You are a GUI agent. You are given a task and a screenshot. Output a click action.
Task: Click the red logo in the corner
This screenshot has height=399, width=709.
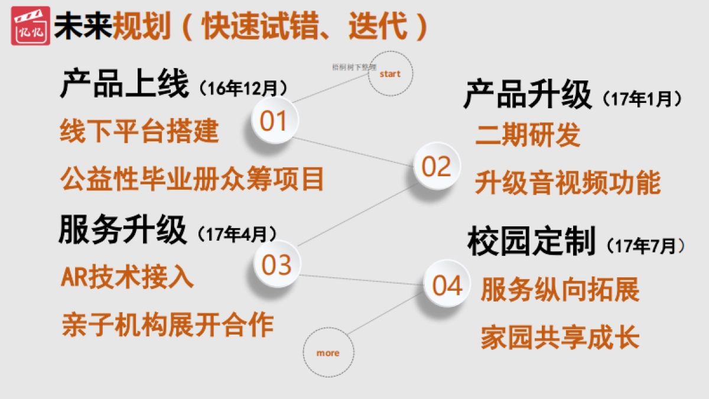30,26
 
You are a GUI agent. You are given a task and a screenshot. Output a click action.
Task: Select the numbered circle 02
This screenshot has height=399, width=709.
437,167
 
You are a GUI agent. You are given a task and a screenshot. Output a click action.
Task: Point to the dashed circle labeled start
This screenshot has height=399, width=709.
390,74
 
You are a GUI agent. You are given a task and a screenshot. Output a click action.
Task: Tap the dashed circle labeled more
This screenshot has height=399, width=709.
328,353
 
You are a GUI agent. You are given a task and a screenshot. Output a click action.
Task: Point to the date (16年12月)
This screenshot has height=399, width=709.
243,89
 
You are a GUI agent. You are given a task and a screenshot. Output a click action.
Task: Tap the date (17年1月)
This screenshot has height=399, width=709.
642,99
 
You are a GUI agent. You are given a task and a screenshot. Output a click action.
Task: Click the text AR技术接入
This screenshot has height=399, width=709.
127,277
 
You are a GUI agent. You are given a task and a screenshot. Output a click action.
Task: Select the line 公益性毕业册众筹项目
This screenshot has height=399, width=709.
192,179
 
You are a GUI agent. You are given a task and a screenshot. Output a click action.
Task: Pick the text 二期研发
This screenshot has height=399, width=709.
528,135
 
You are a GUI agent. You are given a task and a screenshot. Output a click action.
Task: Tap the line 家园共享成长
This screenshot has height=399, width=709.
560,338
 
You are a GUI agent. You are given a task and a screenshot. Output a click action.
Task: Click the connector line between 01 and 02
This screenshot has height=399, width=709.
354,151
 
